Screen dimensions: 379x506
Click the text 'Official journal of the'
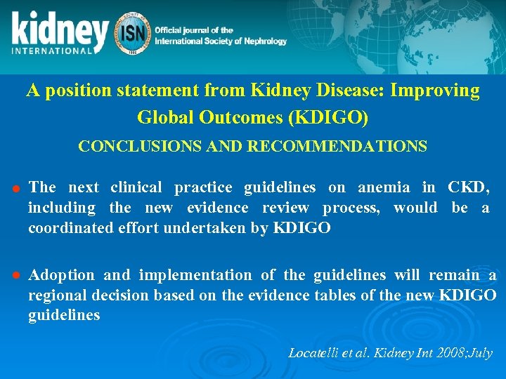(x=194, y=30)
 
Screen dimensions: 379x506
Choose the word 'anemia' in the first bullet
(x=384, y=187)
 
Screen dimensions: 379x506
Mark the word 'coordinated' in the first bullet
(x=70, y=228)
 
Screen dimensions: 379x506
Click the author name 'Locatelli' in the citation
(x=316, y=352)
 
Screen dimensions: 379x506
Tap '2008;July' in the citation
(x=465, y=352)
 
